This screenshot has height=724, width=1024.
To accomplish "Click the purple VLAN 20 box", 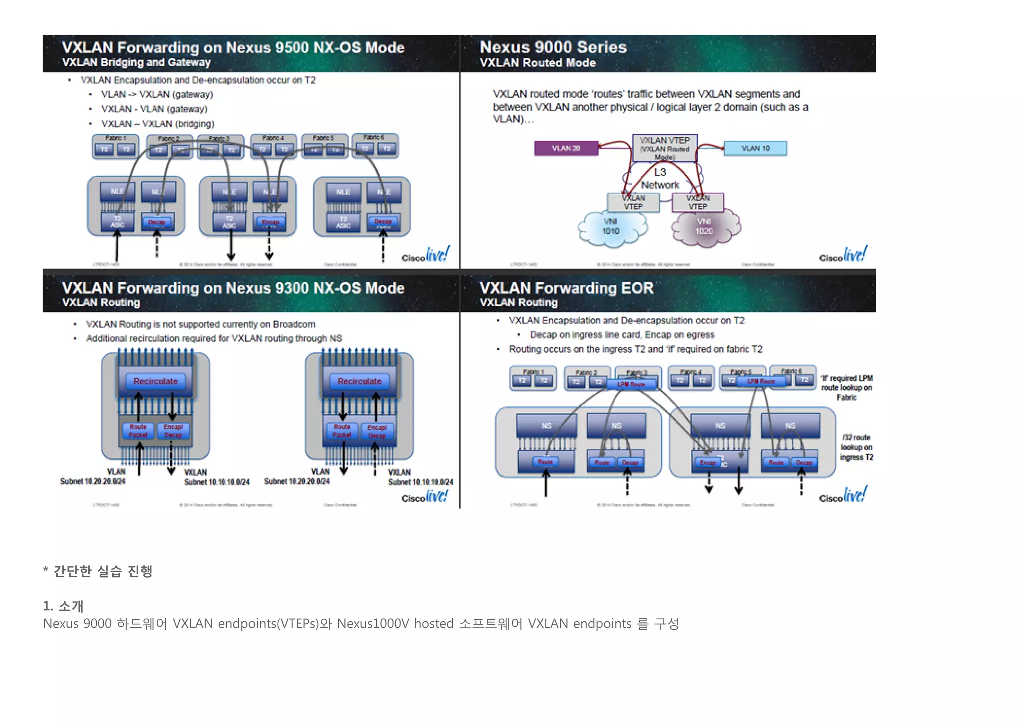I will click(x=566, y=148).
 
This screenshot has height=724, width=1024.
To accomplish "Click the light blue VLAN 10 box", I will click(x=755, y=148).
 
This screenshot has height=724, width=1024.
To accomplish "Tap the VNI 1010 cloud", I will click(x=611, y=227).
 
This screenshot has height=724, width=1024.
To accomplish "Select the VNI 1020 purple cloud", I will click(x=704, y=227).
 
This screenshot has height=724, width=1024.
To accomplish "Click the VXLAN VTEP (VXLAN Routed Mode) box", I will click(x=664, y=148).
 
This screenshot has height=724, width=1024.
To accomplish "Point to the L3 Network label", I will click(x=660, y=179).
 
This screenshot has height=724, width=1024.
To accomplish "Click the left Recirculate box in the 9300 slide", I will click(x=155, y=381).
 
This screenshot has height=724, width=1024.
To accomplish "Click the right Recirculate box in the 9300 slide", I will click(x=359, y=381).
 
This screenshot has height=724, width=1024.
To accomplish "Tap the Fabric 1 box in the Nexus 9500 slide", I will click(x=115, y=146).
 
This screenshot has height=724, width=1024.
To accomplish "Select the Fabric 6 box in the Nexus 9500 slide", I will click(x=375, y=146).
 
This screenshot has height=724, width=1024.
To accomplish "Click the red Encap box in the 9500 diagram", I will click(x=270, y=222).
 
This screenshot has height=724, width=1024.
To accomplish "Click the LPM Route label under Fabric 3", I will click(x=631, y=384).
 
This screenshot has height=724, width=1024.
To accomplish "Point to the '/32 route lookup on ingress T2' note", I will click(x=856, y=447).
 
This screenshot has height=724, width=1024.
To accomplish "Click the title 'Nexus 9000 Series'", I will click(x=553, y=47).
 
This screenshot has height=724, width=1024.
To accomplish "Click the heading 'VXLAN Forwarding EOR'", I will click(x=566, y=288).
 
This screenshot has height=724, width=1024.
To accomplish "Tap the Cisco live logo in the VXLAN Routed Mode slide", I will click(x=843, y=256).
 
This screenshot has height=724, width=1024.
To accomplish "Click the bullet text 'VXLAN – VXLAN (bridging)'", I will click(x=157, y=124).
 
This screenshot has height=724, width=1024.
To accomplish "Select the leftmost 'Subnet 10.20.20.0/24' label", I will click(x=93, y=481).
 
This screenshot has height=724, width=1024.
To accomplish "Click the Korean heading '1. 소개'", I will click(x=63, y=606).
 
